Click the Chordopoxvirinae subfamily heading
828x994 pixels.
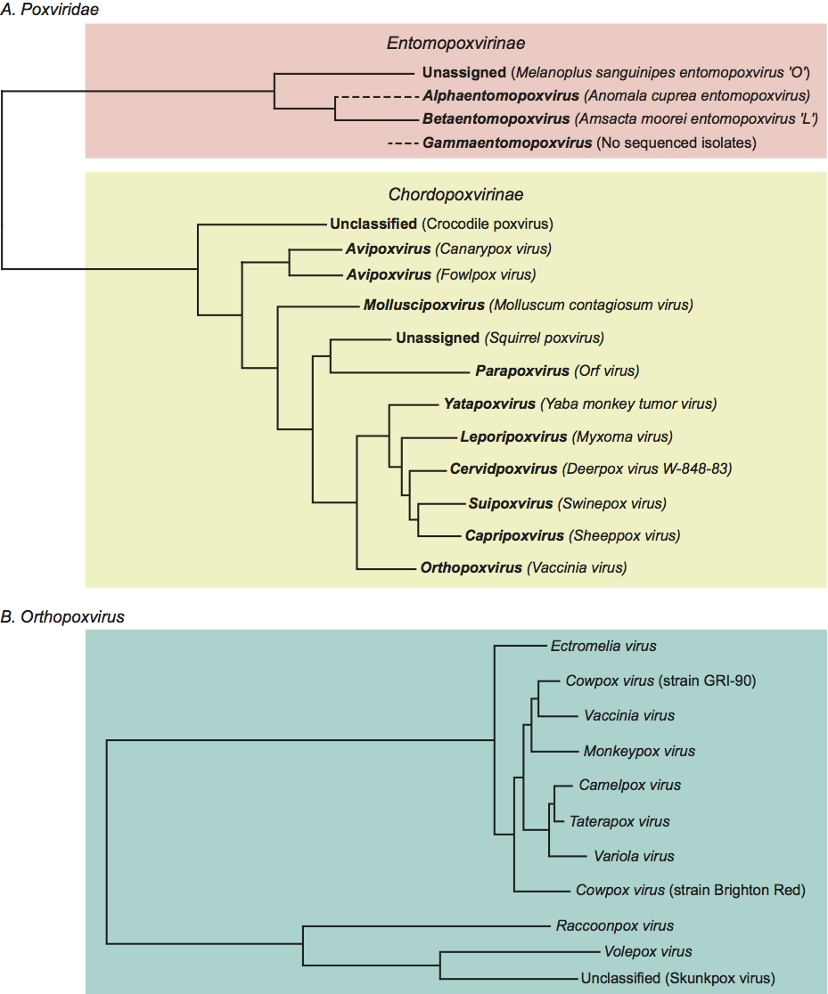[x=455, y=193]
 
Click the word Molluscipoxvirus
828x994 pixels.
[x=423, y=305]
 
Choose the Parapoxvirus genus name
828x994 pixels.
[x=522, y=371]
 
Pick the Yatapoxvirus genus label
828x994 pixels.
[x=489, y=403]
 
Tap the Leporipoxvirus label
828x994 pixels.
[x=513, y=436]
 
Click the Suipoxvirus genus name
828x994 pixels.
[x=511, y=503]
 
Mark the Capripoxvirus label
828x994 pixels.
[x=514, y=535]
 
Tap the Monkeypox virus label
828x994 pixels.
[x=639, y=751]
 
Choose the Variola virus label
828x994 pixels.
[x=634, y=856]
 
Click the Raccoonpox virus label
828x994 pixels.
[x=614, y=925]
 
